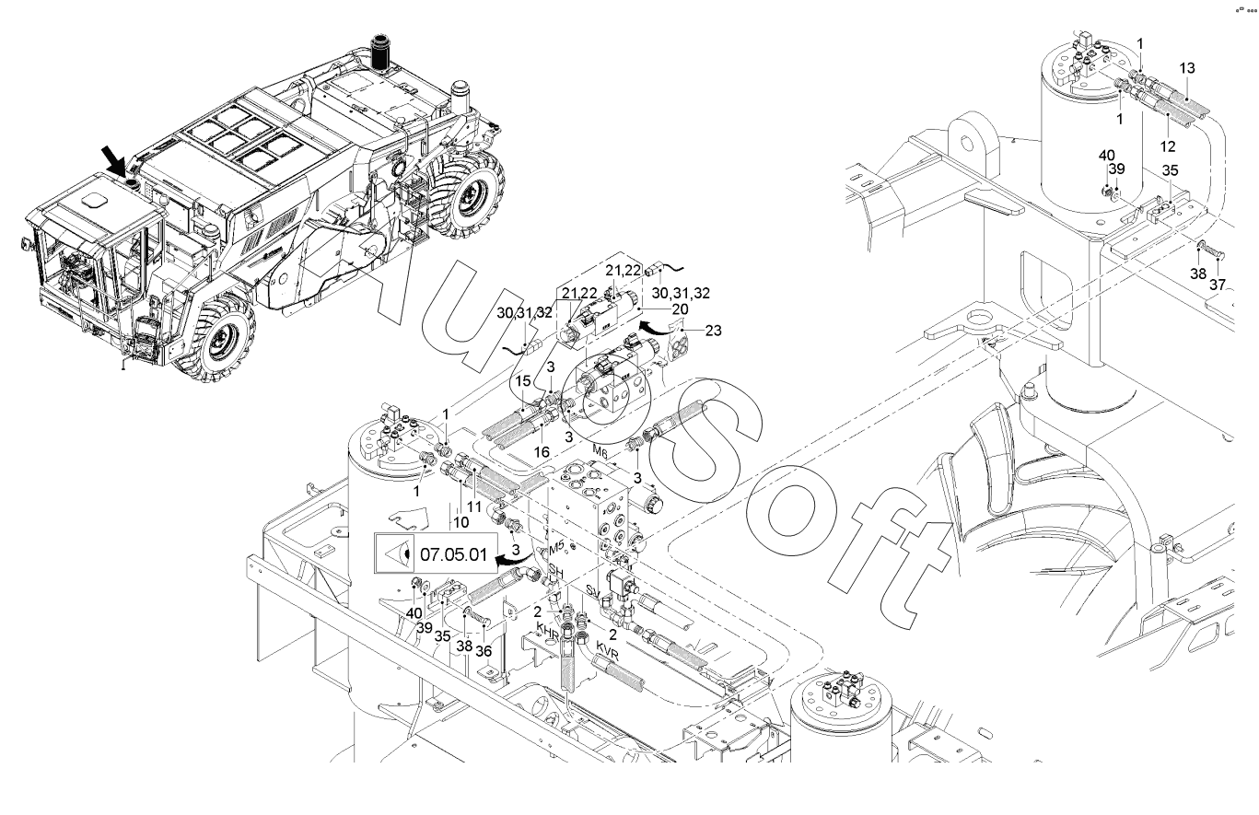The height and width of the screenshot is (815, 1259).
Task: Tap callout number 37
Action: tap(1218, 285)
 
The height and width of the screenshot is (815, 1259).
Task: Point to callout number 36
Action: tap(484, 651)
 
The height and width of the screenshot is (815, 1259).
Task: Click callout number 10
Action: tap(460, 522)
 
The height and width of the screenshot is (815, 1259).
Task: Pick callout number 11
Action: tap(474, 506)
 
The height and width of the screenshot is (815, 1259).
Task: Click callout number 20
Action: tap(681, 309)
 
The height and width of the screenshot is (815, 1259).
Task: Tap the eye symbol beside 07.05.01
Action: tap(396, 554)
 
